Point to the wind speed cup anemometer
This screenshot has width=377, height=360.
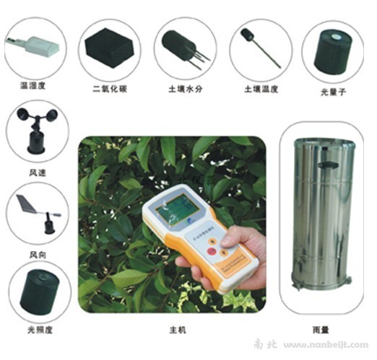click(x=36, y=130)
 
